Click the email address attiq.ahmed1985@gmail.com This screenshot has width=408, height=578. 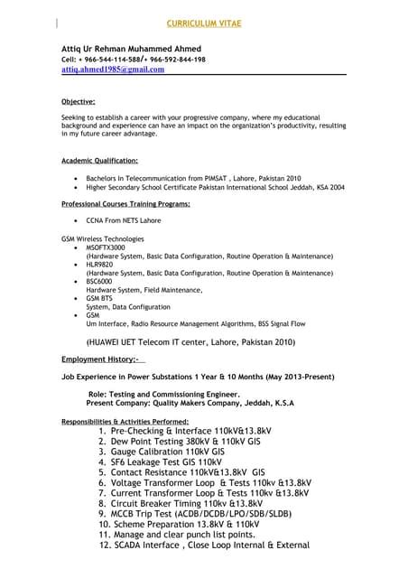click(113, 69)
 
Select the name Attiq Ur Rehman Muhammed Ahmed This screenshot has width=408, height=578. click(132, 48)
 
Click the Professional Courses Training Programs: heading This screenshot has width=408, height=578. click(125, 205)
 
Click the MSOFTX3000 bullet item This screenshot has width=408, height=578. click(106, 246)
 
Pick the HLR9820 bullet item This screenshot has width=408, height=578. click(100, 264)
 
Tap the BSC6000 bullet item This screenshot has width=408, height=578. click(101, 281)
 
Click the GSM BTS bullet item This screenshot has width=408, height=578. click(99, 297)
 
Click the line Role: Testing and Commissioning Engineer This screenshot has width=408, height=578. click(163, 395)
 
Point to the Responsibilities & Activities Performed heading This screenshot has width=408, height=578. click(125, 422)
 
